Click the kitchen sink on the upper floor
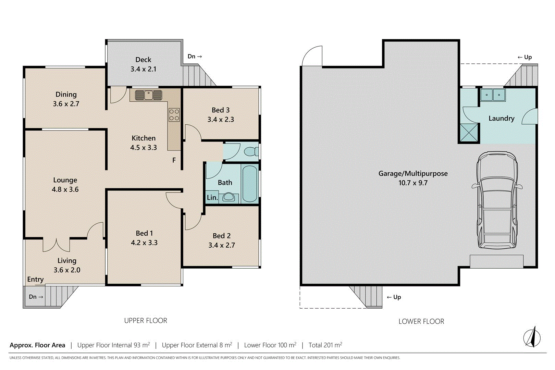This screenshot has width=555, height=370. click(x=148, y=95)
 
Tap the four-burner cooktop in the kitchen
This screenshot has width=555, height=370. click(x=174, y=115)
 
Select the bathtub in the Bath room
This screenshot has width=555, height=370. click(x=249, y=184)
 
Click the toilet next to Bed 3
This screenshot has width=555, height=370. click(x=251, y=151)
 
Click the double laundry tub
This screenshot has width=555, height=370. click(x=493, y=95)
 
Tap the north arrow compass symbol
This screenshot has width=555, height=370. click(x=532, y=337)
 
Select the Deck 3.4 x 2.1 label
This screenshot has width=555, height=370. click(x=143, y=64)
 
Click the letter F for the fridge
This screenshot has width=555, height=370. click(x=174, y=160)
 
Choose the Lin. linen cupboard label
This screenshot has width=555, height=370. click(x=212, y=198)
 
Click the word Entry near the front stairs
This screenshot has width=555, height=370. click(x=35, y=279)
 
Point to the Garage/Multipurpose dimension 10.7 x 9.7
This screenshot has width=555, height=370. click(x=413, y=183)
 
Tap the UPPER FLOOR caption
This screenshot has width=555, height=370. click(x=146, y=321)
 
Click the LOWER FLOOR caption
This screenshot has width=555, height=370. click(x=421, y=321)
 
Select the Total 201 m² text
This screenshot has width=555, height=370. click(x=325, y=345)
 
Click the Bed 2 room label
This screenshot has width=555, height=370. click(x=221, y=236)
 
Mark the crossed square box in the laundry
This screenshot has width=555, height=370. click(x=469, y=132)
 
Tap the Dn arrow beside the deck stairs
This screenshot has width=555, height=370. click(x=195, y=57)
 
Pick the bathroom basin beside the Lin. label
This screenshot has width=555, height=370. click(x=228, y=198)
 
